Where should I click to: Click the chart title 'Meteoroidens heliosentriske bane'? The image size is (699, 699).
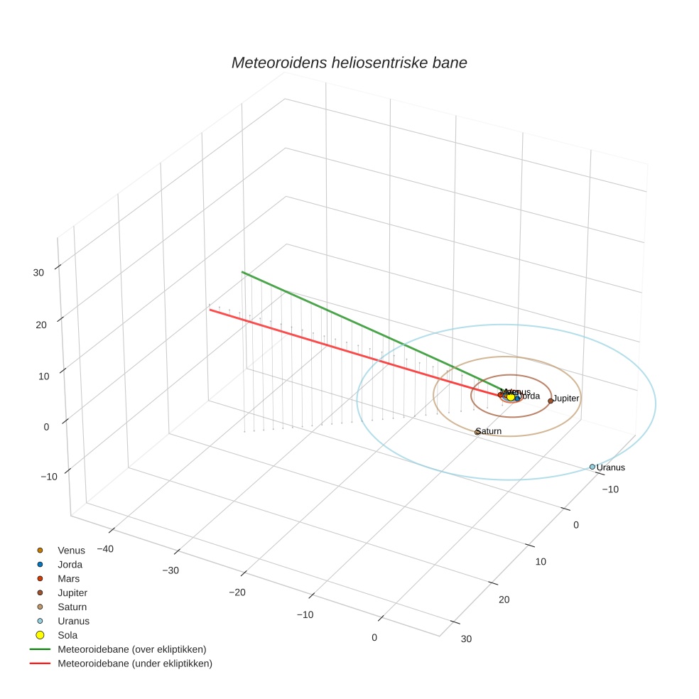click(x=349, y=63)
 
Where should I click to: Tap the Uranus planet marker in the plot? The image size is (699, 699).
click(x=592, y=467)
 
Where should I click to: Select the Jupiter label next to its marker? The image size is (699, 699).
click(x=566, y=399)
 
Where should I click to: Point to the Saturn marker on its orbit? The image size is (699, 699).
click(x=477, y=432)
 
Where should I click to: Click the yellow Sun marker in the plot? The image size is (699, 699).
click(x=510, y=396)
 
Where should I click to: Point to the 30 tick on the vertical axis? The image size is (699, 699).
click(x=38, y=272)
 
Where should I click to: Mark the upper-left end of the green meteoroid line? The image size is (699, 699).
click(x=242, y=272)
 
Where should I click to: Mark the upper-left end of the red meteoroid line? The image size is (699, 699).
click(x=209, y=309)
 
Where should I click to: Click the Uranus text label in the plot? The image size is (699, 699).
click(x=611, y=467)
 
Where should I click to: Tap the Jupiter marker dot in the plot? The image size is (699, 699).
click(x=551, y=401)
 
